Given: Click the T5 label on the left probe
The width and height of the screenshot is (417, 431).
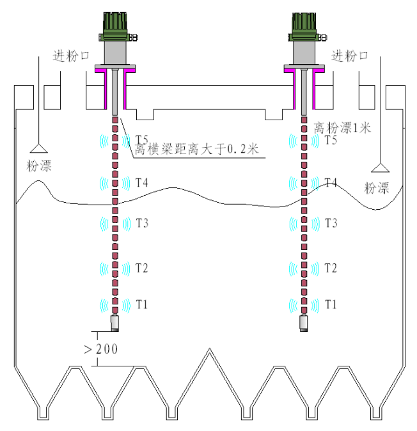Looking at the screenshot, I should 142,139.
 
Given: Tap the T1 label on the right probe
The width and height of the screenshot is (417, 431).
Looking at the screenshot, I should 331,304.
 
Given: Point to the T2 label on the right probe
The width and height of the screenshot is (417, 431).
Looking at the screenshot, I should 331,267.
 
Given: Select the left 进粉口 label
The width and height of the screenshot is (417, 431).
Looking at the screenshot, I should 71,57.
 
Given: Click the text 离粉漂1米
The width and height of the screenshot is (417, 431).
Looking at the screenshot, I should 342,127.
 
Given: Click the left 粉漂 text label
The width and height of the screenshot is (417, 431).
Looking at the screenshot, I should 39,166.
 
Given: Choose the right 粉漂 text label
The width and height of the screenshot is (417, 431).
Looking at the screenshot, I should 377,187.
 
